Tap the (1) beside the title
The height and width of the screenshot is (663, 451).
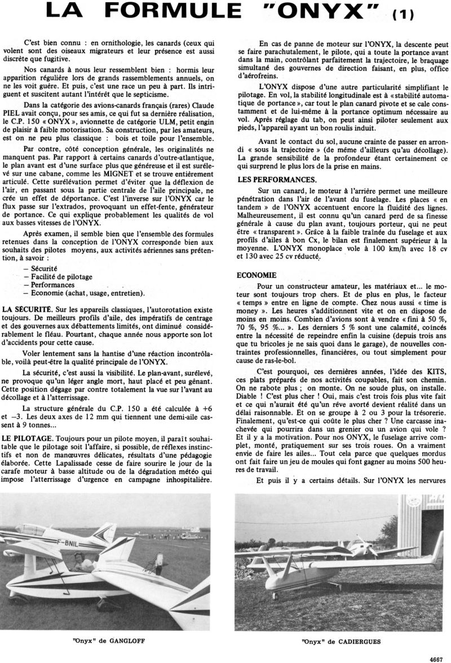click(403, 15)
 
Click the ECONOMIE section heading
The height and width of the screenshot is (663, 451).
click(257, 275)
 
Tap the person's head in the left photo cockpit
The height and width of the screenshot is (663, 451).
click(78, 559)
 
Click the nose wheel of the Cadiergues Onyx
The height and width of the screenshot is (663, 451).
click(275, 595)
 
